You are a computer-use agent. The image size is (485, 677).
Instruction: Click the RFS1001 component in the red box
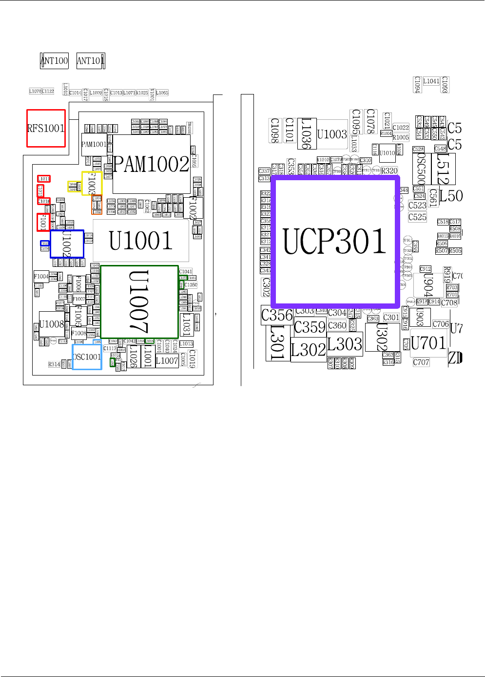46,128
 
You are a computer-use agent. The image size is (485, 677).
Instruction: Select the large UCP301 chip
335,241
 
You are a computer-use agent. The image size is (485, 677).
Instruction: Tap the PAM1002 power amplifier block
152,164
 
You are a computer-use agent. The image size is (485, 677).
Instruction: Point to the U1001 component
141,241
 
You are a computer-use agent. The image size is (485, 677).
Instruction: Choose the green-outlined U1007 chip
139,302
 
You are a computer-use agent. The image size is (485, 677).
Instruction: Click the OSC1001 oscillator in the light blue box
87,357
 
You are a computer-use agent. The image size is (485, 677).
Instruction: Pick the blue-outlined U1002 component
67,244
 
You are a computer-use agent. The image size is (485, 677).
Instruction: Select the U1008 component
52,325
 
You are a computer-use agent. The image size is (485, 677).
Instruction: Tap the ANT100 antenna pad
54,61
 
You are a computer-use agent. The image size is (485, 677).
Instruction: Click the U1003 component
332,134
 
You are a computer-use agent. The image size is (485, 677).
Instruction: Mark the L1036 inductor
306,133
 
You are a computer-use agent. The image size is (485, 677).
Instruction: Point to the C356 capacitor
277,315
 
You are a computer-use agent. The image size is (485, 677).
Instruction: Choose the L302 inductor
308,350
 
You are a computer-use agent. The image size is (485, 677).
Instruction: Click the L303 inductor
345,344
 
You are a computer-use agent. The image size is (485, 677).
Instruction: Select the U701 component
428,343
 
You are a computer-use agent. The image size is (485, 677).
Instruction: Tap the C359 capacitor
310,327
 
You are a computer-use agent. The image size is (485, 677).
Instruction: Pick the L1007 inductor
167,361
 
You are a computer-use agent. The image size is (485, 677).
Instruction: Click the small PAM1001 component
94,145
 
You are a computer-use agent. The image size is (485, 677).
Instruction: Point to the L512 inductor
443,169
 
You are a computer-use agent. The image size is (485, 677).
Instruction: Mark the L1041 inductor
431,81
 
